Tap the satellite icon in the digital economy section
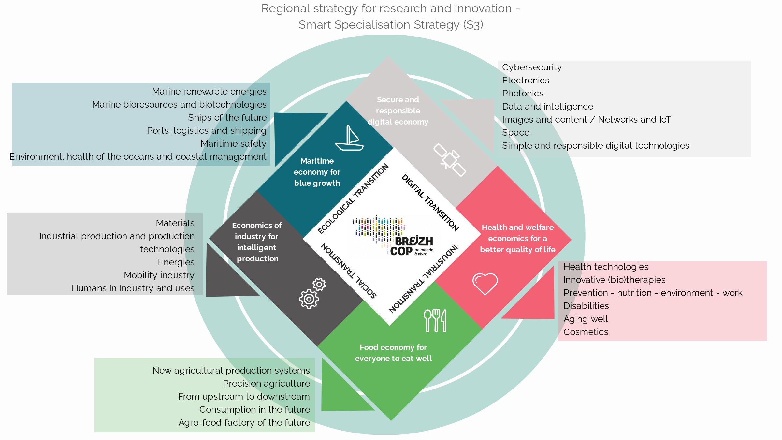point(449,160)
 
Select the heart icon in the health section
point(485,283)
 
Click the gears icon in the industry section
point(312,293)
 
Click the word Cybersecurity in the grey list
point(532,67)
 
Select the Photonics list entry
point(523,94)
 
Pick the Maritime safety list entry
point(233,144)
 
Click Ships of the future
point(227,118)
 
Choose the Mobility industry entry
point(159,275)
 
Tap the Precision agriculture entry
point(266,384)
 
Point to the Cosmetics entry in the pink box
point(586,332)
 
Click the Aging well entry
point(586,319)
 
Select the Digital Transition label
point(430,202)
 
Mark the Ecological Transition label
point(353,199)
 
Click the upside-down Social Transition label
point(349,271)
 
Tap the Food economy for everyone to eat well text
point(393,353)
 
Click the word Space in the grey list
point(515,133)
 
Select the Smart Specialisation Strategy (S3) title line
point(391,25)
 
